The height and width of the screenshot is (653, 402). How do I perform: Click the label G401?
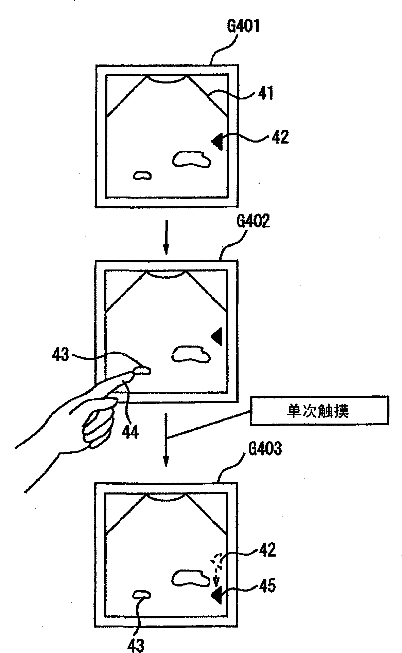point(243,26)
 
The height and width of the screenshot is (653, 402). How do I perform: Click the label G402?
point(253,222)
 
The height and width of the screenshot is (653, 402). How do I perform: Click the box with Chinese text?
point(319,411)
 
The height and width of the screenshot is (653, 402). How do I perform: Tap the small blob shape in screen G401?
point(142,175)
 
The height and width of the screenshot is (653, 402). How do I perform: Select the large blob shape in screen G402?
point(191,354)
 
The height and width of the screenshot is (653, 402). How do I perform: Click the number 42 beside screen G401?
point(280,137)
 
